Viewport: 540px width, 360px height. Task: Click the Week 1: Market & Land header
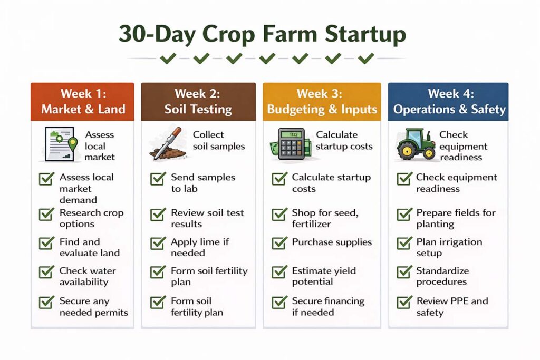coord(83,102)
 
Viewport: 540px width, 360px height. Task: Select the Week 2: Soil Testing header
coord(198,102)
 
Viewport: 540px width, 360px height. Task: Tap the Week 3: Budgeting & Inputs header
coord(322,102)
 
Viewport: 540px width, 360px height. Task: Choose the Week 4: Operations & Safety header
coord(449,102)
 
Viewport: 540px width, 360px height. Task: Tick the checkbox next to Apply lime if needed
coord(158,244)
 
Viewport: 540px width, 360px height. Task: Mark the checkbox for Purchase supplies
coord(279,244)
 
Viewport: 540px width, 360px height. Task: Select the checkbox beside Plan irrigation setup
coord(404,244)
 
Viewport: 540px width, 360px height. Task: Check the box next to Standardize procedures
coord(404,273)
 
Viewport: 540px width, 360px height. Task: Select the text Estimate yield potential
coord(324,276)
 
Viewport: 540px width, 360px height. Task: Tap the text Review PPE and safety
coord(452,307)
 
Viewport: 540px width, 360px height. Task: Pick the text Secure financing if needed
coord(328,307)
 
